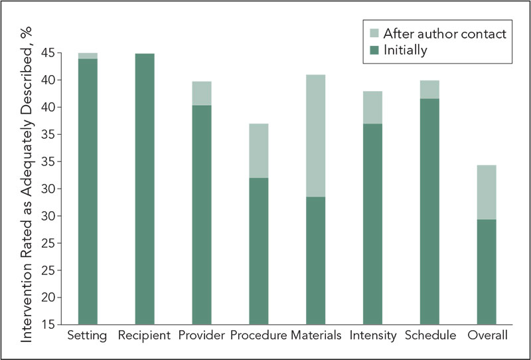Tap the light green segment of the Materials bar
(x=315, y=135)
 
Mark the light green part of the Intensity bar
(x=372, y=108)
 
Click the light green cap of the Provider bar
(x=202, y=94)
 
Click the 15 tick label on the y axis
(x=46, y=325)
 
